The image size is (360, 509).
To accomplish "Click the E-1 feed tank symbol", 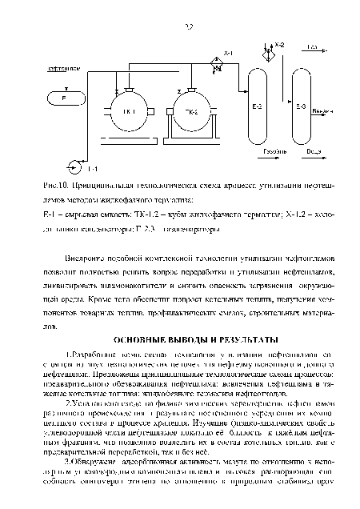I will click(x=64, y=98).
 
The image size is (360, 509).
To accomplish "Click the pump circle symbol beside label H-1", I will click(x=76, y=168).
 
